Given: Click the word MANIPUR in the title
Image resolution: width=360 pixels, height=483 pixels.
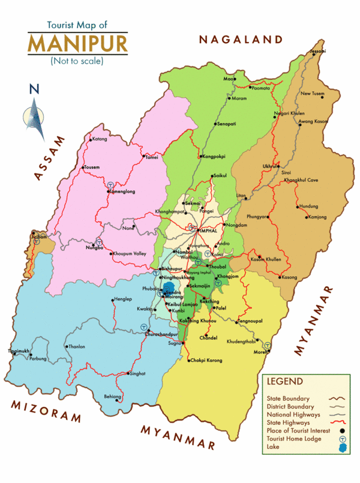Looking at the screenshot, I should (x=77, y=44).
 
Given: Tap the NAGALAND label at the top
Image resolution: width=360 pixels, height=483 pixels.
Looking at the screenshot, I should (x=241, y=40).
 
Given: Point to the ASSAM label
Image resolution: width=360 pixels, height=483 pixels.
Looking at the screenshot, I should (x=49, y=157).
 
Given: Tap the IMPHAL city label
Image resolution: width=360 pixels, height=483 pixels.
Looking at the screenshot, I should (x=208, y=230).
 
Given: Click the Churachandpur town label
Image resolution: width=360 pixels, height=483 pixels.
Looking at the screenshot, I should (x=165, y=335).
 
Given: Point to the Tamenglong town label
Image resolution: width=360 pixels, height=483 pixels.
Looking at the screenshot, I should (x=123, y=192).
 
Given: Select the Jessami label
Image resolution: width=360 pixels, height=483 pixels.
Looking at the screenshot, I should (x=317, y=52).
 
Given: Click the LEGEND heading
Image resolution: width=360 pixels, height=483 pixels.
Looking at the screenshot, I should (x=285, y=381).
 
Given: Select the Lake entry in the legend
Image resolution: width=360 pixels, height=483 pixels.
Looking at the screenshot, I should (x=273, y=447).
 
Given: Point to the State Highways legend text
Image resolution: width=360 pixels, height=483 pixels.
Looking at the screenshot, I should (x=288, y=422).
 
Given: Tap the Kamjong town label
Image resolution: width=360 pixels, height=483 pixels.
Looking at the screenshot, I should (x=315, y=217).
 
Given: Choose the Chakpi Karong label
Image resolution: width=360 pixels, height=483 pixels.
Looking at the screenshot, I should (x=206, y=361).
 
